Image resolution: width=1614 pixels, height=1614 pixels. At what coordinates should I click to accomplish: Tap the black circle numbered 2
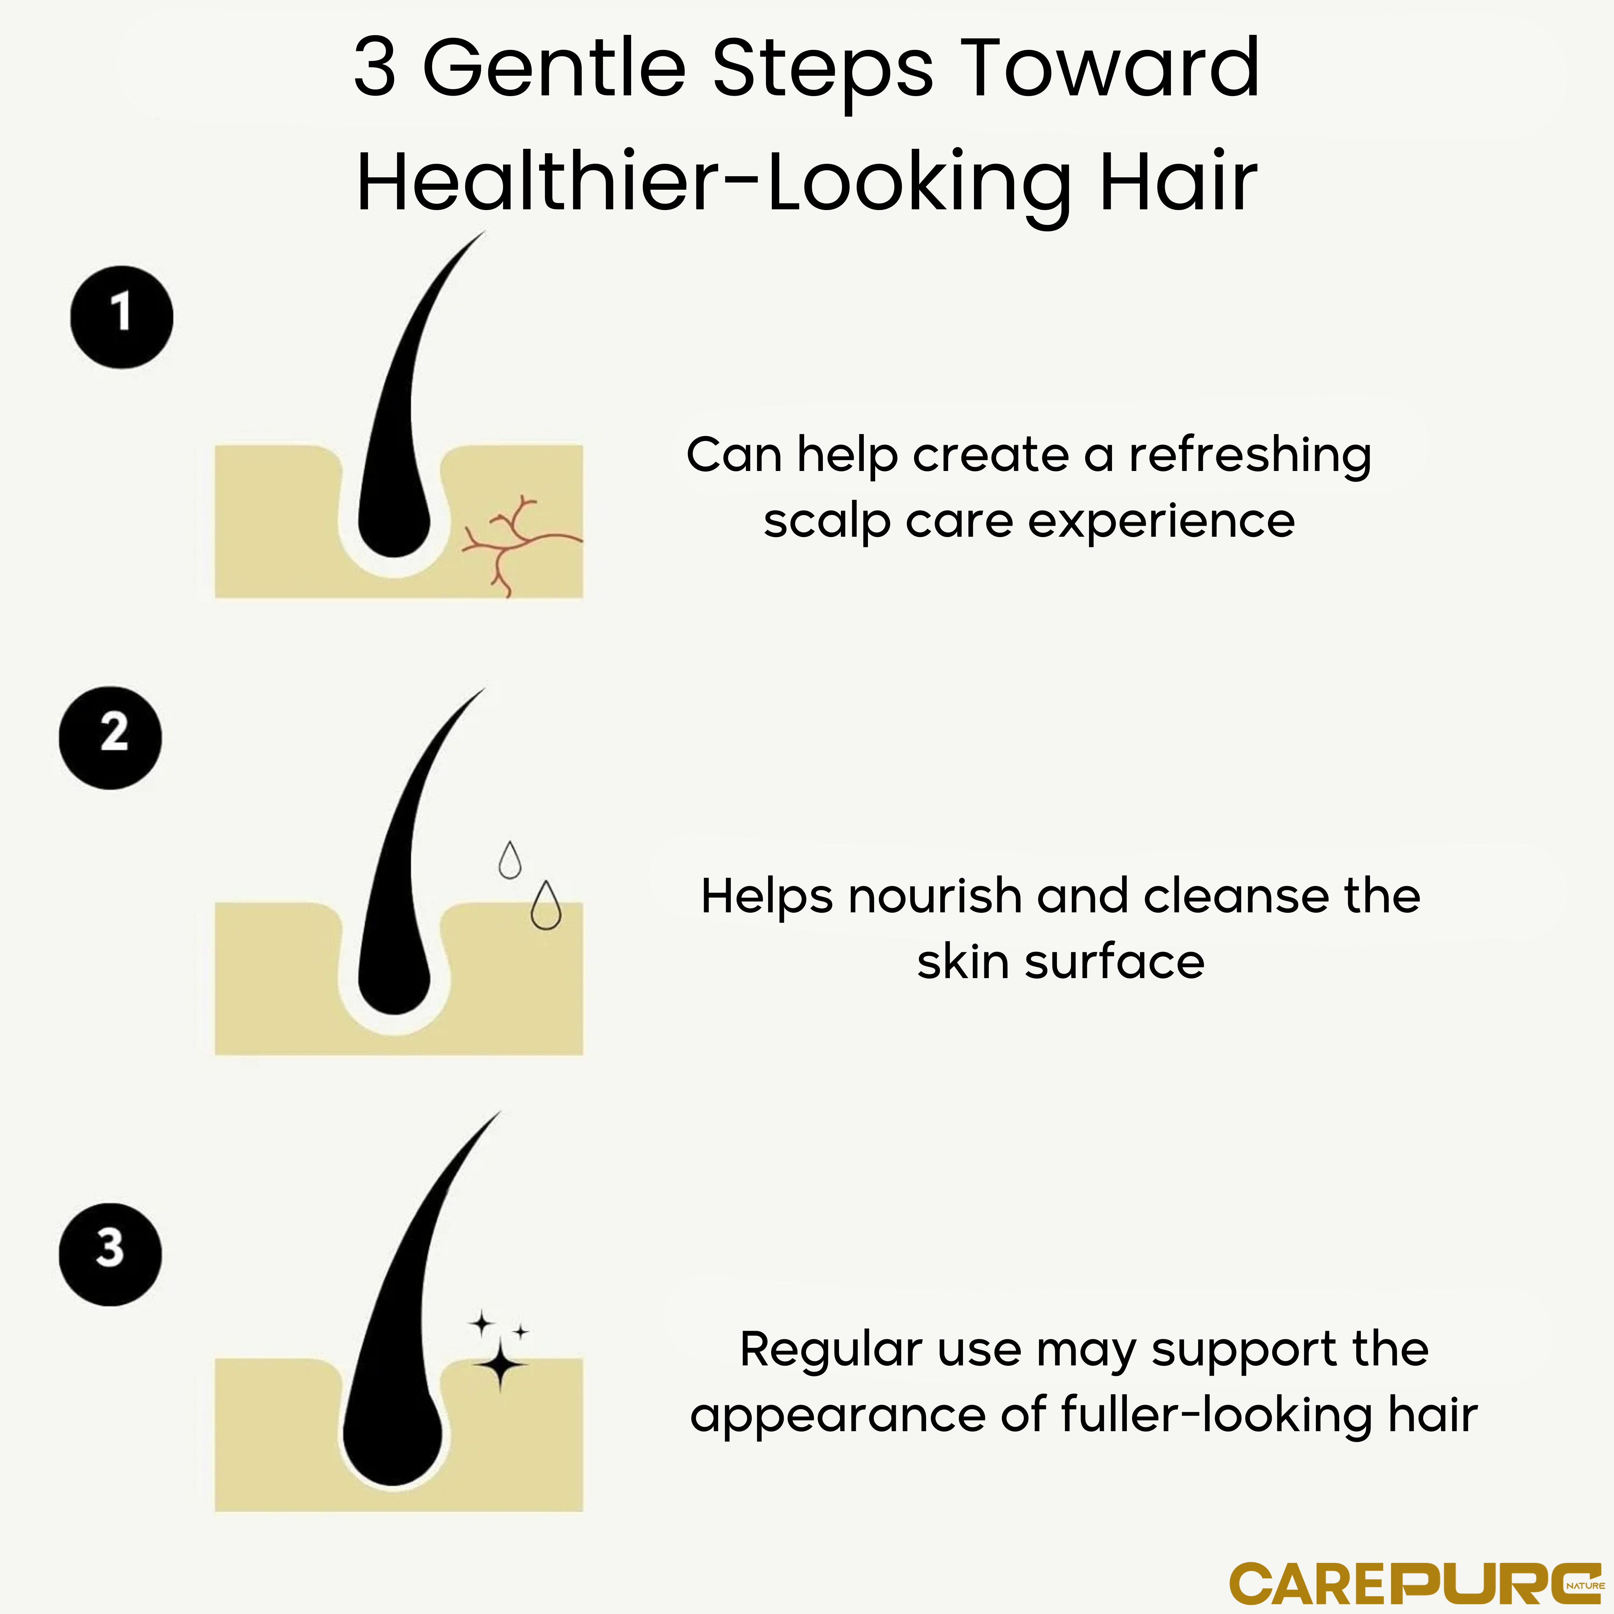click(110, 738)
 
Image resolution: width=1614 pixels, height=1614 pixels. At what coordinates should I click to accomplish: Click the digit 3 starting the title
click(375, 69)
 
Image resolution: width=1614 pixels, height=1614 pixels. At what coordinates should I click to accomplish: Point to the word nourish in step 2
click(936, 897)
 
